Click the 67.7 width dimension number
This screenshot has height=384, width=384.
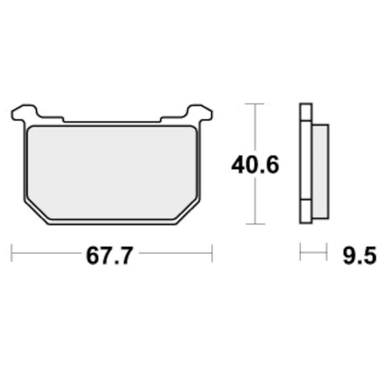pyautogui.click(x=109, y=256)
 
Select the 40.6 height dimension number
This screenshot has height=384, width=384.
pyautogui.click(x=255, y=165)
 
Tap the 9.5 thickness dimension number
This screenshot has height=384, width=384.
pyautogui.click(x=359, y=256)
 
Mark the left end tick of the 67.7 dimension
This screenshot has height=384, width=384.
pyautogui.click(x=12, y=253)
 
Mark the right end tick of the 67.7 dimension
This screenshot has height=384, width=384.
pyautogui.click(x=212, y=253)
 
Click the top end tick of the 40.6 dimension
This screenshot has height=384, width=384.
pyautogui.click(x=254, y=104)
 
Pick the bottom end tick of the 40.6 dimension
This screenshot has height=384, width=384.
pyautogui.click(x=254, y=224)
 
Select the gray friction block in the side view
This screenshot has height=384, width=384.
pyautogui.click(x=320, y=172)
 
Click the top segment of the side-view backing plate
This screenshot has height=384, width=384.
pyautogui.click(x=306, y=112)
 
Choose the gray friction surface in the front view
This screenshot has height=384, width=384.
pyautogui.click(x=112, y=172)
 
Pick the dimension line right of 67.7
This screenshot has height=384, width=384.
pyautogui.click(x=174, y=253)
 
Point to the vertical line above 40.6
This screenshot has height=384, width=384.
pyautogui.click(x=254, y=128)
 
